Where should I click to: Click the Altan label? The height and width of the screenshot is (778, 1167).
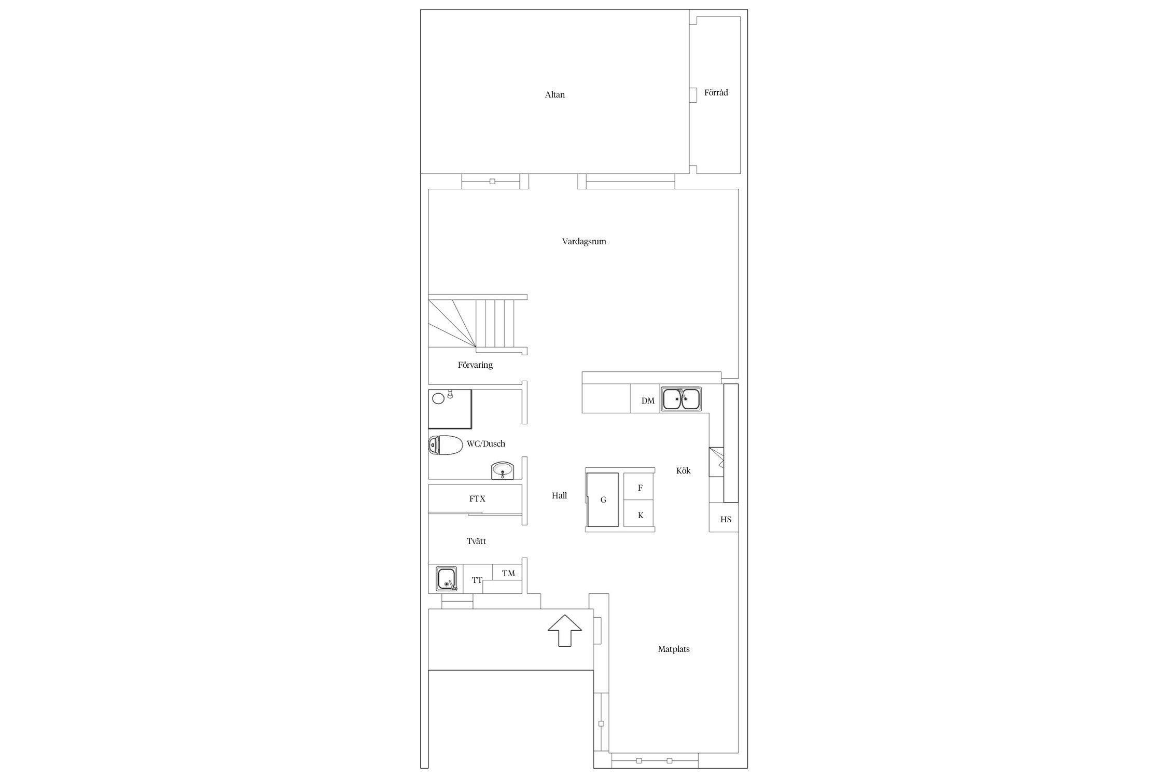[554, 95]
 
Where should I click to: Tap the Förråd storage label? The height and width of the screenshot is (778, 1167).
[716, 93]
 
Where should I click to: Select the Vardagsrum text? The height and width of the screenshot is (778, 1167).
[584, 242]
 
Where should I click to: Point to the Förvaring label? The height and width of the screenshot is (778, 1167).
[475, 365]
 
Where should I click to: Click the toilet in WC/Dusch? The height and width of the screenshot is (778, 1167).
[446, 445]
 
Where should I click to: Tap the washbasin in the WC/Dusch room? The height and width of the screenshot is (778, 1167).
[503, 471]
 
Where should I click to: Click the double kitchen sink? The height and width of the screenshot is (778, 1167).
[680, 399]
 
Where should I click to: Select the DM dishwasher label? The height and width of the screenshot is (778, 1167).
[648, 401]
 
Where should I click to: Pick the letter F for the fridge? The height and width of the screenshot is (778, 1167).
[640, 488]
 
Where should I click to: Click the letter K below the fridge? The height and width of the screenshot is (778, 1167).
[641, 516]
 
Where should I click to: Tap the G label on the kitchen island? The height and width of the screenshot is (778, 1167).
[603, 501]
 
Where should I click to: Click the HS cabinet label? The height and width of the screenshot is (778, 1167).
[726, 519]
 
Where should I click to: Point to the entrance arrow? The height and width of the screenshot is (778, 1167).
[565, 631]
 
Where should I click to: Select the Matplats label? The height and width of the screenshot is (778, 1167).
[674, 649]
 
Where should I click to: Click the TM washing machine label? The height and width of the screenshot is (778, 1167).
[508, 573]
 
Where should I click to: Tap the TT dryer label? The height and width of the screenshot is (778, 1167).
[477, 580]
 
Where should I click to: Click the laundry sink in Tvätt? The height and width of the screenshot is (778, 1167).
[447, 579]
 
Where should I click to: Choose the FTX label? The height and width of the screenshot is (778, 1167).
[477, 499]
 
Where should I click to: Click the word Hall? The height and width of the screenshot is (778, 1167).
[559, 496]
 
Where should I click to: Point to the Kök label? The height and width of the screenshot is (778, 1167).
[683, 471]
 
